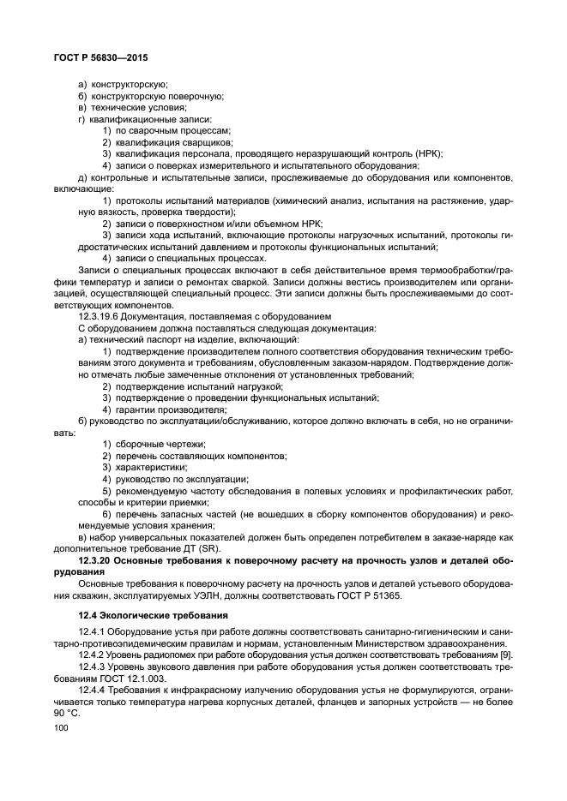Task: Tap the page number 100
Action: pos(61,727)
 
